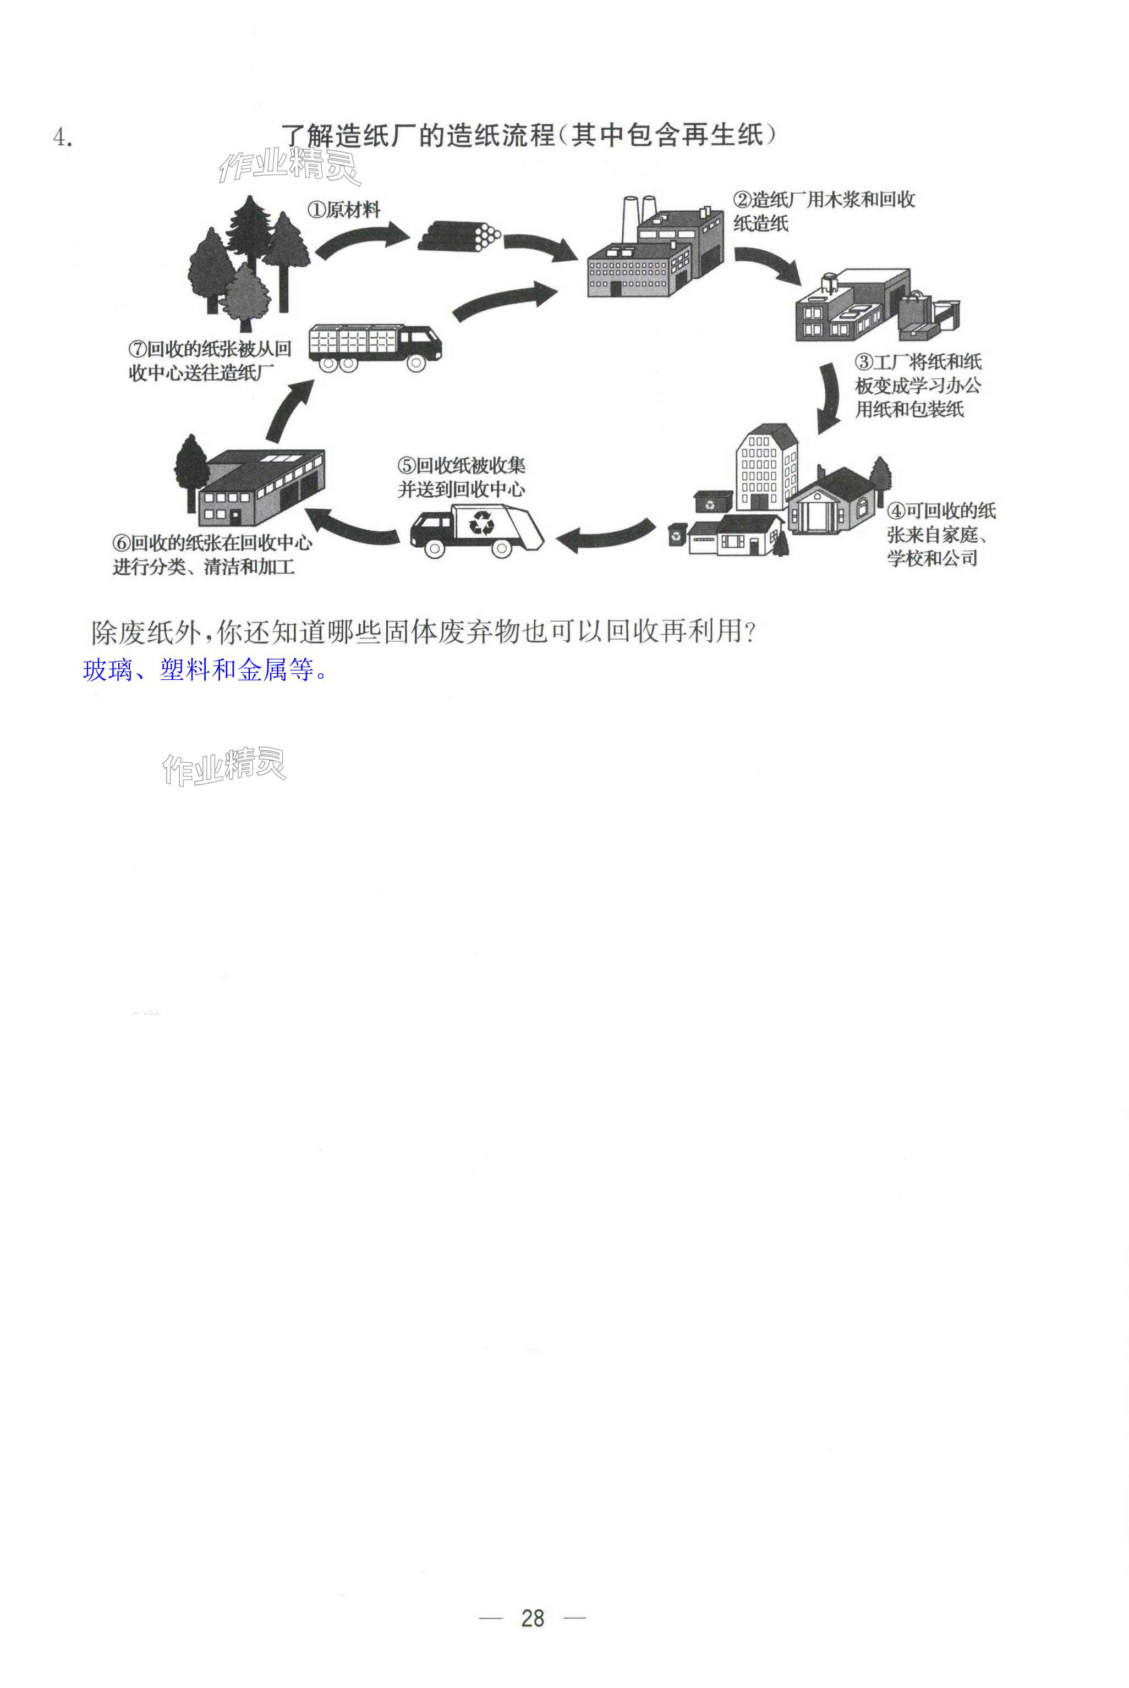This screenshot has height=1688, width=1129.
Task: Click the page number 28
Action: [x=532, y=1618]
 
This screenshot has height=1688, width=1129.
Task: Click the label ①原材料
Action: [x=344, y=210]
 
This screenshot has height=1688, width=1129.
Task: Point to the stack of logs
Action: [x=459, y=236]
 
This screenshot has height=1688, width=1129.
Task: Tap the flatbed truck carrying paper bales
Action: [x=375, y=347]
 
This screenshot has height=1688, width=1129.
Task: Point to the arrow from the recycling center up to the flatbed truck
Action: [x=289, y=410]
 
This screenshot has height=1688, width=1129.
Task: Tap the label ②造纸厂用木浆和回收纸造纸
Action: [x=824, y=211]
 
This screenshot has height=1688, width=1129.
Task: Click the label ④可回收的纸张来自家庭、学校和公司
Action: [x=940, y=535]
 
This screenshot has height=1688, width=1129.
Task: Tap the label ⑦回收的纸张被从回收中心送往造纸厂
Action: [x=210, y=361]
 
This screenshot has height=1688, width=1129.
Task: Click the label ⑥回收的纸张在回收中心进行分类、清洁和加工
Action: [x=212, y=554]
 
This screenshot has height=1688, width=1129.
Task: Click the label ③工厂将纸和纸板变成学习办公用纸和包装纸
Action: [x=917, y=386]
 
